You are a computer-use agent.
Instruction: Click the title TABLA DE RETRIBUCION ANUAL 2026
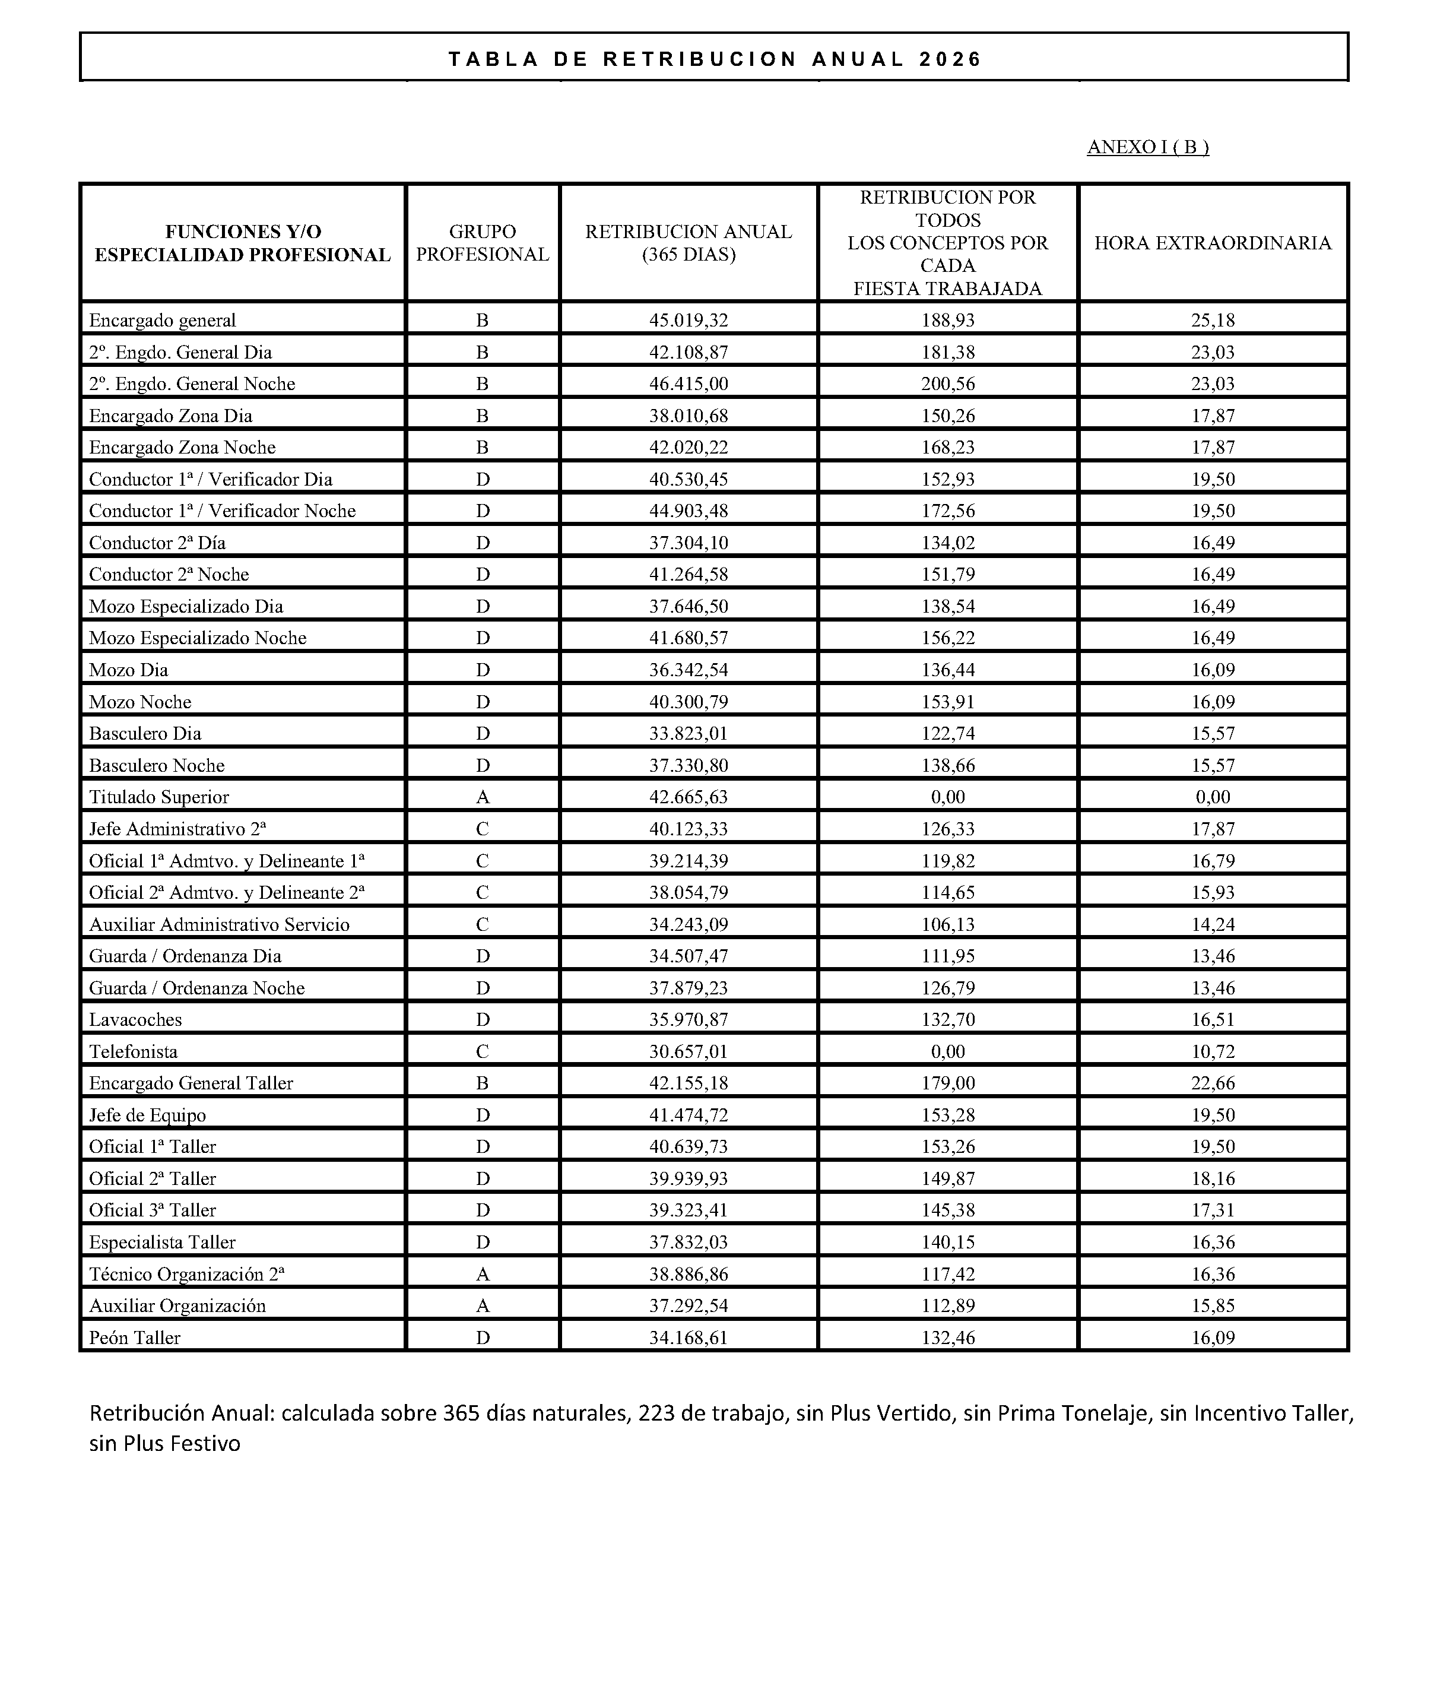click(714, 59)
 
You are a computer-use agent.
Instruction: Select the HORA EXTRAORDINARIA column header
click(1212, 243)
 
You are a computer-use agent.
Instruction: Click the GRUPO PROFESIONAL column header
click(482, 243)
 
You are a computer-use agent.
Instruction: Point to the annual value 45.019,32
click(688, 320)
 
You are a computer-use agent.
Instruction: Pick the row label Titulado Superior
click(159, 797)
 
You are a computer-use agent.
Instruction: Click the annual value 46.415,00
click(688, 384)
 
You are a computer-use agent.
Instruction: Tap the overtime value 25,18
click(1212, 320)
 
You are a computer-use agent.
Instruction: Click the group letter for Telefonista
click(482, 1051)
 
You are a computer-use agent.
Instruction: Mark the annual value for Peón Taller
click(688, 1337)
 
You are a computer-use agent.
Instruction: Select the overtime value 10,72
click(1212, 1051)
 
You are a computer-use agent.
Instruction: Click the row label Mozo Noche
click(140, 702)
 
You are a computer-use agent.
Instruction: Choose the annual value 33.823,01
click(688, 733)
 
